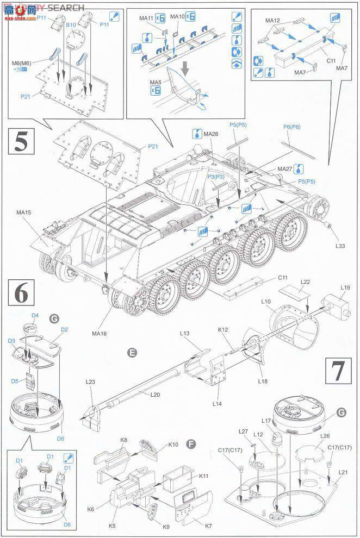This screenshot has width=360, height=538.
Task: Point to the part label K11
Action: click(204, 476)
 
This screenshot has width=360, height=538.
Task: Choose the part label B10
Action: click(71, 26)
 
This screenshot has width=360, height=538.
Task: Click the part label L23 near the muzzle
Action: click(90, 383)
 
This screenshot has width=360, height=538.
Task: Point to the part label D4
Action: click(35, 315)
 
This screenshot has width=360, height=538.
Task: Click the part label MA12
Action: click(272, 21)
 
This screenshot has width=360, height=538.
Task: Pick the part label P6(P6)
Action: click(292, 127)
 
